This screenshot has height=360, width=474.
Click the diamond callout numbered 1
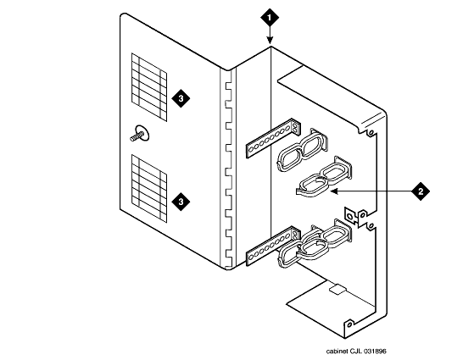[x=270, y=17]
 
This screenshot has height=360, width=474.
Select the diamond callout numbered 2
[x=421, y=191]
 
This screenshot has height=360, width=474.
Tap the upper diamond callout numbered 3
[x=181, y=98]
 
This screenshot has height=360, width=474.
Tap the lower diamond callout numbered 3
[x=181, y=202]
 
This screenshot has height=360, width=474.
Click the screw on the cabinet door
[x=139, y=135]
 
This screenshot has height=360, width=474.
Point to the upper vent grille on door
[x=149, y=87]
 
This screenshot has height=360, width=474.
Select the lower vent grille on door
[x=149, y=189]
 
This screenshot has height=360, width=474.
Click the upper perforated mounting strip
[x=273, y=138]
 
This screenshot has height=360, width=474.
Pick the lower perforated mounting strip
[x=273, y=246]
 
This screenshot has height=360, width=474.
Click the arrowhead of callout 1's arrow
[x=270, y=41]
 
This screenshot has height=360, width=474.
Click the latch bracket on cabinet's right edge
[x=353, y=216]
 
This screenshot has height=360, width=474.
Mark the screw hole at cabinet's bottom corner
[x=349, y=324]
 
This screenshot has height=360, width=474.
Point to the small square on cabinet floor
[x=337, y=289]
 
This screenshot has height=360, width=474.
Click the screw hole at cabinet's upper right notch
[x=371, y=132]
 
